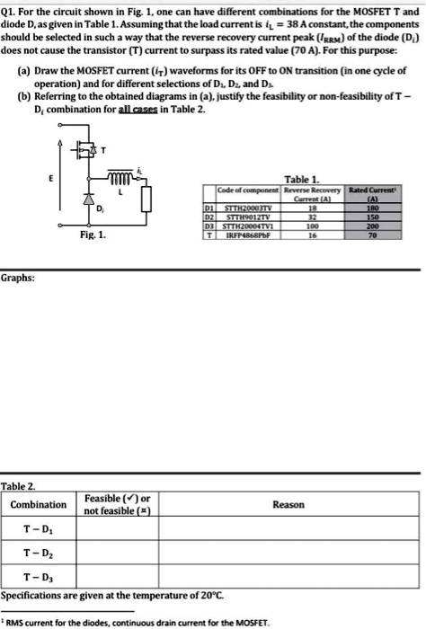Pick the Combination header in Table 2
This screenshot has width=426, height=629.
(38, 505)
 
